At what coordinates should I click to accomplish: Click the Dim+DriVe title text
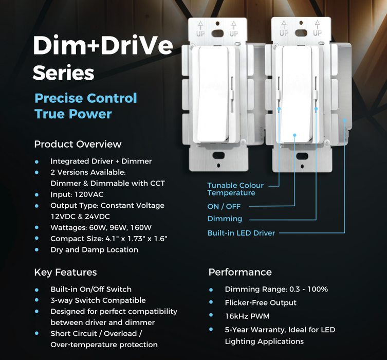[102, 46]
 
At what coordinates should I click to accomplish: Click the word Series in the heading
[63, 73]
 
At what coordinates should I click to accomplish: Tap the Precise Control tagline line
[86, 98]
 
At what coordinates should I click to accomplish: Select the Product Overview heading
[78, 144]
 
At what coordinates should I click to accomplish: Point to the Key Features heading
[65, 272]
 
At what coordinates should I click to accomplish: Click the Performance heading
[240, 272]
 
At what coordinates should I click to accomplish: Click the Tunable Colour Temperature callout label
[235, 189]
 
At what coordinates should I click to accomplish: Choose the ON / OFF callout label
[224, 206]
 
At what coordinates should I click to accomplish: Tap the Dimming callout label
[225, 219]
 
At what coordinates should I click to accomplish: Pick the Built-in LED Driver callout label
[241, 233]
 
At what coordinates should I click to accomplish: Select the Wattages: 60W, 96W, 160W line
[101, 227]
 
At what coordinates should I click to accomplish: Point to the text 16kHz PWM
[247, 316]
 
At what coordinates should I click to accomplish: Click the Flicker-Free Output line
[261, 302]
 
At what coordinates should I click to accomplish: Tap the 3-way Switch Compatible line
[98, 300]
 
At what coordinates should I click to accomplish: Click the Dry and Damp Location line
[94, 250]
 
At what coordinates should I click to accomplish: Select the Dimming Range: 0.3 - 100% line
[277, 289]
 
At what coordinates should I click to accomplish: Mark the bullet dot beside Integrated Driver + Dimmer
[37, 161]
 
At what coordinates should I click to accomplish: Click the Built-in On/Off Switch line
[91, 289]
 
